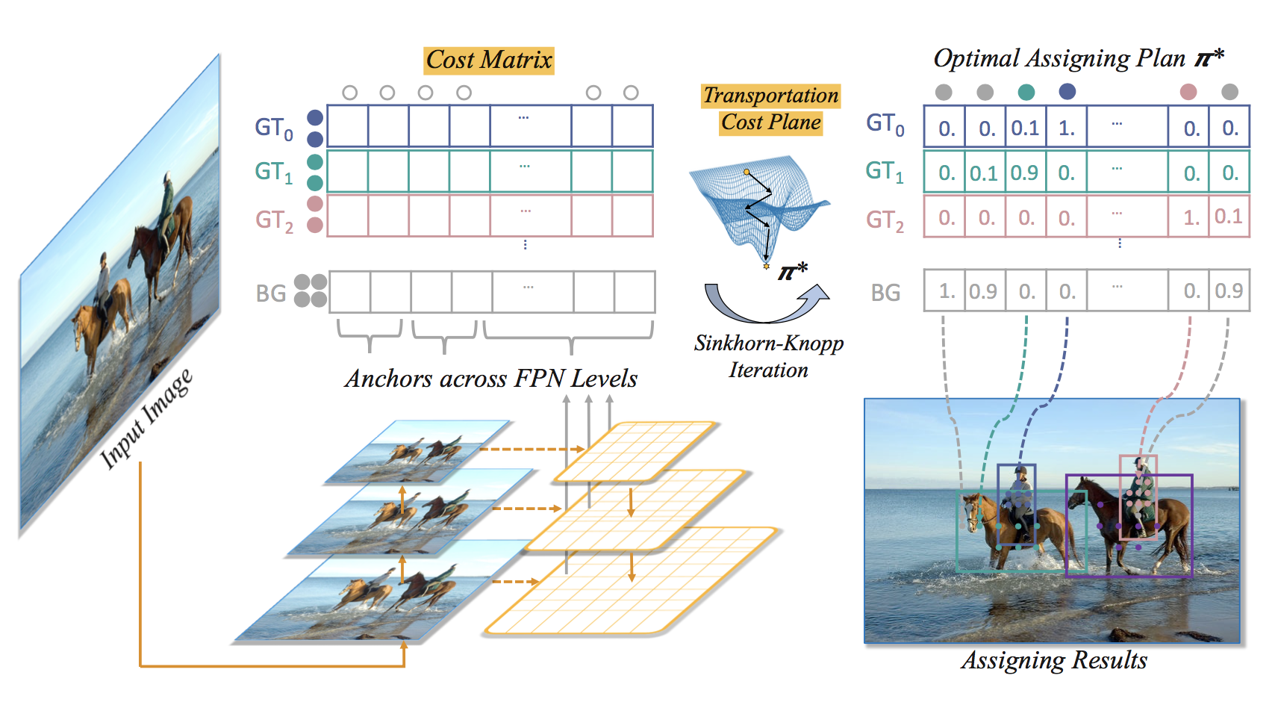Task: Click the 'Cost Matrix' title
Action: (x=489, y=60)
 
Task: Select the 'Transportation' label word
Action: (x=771, y=96)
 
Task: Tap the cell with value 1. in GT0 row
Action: (x=1067, y=128)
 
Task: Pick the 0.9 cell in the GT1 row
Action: (x=1025, y=173)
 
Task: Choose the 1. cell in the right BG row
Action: (x=946, y=291)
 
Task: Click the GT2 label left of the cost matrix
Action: (x=274, y=220)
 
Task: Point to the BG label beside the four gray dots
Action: (x=271, y=293)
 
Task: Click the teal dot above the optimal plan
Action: (x=1026, y=92)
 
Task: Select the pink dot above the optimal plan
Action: (x=1188, y=92)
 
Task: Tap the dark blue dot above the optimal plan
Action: (x=1067, y=92)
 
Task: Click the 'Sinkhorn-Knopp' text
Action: (x=769, y=343)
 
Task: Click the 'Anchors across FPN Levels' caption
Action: (x=490, y=379)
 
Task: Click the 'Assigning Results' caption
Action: (x=1053, y=660)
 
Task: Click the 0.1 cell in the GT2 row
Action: (x=1229, y=217)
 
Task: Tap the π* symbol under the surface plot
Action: (x=792, y=272)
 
